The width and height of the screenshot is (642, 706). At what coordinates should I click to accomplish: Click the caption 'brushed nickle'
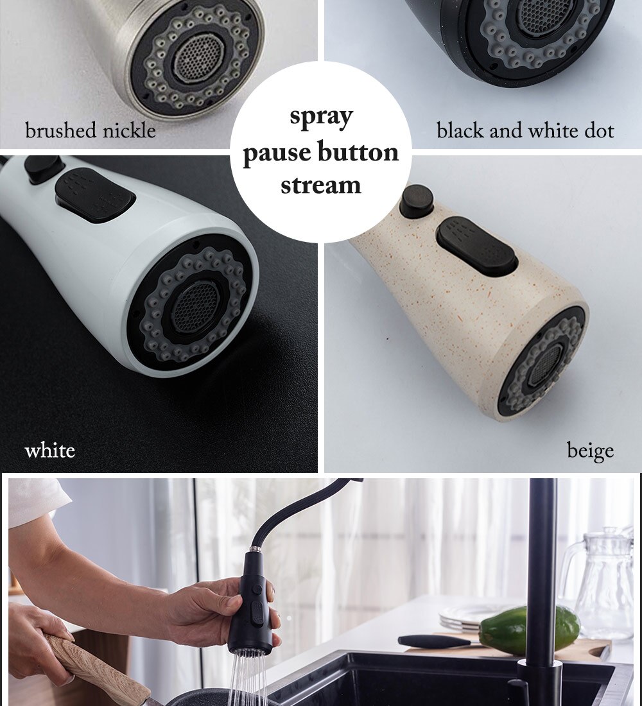91,131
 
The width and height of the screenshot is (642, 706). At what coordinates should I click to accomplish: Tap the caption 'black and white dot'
525,131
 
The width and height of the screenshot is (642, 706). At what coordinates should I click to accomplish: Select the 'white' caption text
49,451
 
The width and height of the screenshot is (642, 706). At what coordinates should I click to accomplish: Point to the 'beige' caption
590,451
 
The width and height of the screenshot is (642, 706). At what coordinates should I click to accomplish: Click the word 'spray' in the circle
321,117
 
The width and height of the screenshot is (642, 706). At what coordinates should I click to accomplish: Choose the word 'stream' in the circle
321,185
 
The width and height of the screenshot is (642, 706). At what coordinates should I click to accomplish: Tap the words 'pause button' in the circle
321,153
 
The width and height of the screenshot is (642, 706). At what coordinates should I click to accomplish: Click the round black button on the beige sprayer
416,200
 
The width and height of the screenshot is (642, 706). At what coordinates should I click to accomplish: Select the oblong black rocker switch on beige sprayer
476,246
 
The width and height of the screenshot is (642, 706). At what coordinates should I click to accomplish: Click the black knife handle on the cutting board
428,640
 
